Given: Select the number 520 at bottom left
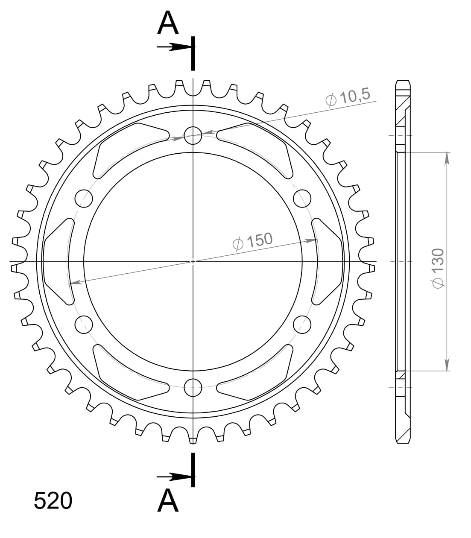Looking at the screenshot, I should click(x=53, y=501).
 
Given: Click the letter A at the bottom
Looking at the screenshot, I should click(x=168, y=500).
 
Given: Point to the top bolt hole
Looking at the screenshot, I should click(x=193, y=135).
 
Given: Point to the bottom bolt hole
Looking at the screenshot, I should click(x=193, y=388).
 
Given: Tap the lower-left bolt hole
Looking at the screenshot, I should click(x=84, y=325).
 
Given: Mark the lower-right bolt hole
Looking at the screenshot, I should click(x=302, y=325).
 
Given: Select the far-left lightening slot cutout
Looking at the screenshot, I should click(x=58, y=261).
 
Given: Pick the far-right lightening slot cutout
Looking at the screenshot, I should click(x=328, y=261).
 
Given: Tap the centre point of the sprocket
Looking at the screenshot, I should click(x=193, y=261).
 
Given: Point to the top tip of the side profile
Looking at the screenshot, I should click(x=403, y=81).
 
